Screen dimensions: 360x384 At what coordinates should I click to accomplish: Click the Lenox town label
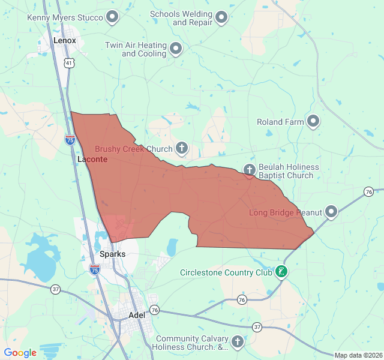pos(65,40)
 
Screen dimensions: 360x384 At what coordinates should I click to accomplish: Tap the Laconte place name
pos(92,159)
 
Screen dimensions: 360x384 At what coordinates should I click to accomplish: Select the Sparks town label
pos(112,254)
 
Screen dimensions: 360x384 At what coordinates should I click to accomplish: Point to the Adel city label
pos(137,315)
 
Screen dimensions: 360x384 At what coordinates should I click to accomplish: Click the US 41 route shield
pos(70,62)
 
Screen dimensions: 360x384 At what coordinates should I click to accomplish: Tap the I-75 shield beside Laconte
pos(70,140)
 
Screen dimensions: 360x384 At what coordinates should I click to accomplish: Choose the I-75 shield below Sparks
pos(95,270)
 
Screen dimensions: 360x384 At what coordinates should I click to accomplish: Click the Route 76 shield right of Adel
pos(155,310)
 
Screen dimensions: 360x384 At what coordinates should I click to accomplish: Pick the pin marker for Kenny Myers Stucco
pos(112,17)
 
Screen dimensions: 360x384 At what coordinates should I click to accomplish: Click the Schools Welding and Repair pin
pos(221,17)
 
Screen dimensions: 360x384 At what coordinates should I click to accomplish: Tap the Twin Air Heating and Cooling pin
pos(175,49)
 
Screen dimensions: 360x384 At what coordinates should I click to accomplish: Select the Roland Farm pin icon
pos(313,122)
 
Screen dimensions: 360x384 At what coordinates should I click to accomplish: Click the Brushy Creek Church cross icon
pos(181,148)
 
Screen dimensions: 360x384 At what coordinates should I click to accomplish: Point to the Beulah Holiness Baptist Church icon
pos(250,170)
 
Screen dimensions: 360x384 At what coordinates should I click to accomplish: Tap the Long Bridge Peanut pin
pos(331,212)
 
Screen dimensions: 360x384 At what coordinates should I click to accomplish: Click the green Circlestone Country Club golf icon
pos(281,272)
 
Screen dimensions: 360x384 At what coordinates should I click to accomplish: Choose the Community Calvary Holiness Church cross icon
pos(237,342)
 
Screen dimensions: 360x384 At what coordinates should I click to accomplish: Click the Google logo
pos(20,353)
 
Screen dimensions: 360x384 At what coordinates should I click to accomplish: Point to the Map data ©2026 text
pos(358,355)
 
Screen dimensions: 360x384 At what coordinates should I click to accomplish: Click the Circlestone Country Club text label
pos(225,272)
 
